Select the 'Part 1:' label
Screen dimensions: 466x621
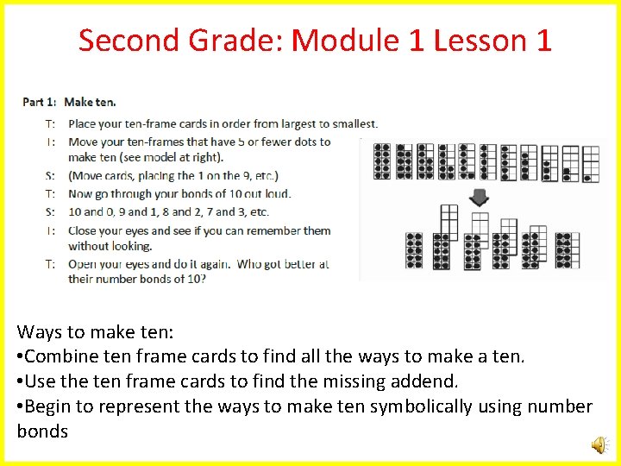point(40,102)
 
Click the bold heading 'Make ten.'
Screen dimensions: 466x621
point(91,102)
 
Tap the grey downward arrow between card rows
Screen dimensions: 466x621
point(480,198)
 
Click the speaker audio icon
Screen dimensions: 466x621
point(598,444)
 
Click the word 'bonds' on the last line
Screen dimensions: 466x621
point(42,431)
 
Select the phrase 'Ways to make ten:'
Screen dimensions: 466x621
point(76,331)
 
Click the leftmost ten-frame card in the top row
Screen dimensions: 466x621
point(381,161)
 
